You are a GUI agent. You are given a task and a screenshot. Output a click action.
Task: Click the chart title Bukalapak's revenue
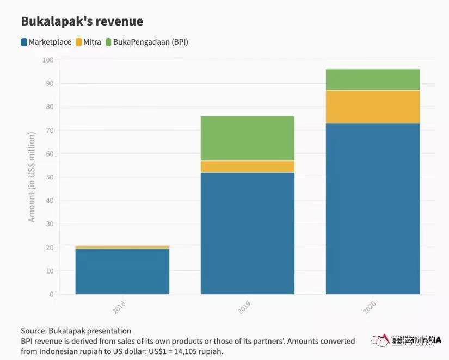tap(82, 22)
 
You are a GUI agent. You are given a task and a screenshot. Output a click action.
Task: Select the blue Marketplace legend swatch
tap(24, 42)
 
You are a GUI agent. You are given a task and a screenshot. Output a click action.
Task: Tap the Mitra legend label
tap(93, 42)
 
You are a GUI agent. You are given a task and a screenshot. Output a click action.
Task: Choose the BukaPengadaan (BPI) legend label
tap(151, 42)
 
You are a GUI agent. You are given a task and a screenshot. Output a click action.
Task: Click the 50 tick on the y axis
tap(50, 177)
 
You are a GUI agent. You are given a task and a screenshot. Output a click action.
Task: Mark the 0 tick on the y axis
tap(52, 294)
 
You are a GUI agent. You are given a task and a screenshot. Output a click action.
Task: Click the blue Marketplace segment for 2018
tap(122, 271)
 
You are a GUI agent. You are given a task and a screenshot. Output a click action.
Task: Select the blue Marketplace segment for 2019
tap(248, 233)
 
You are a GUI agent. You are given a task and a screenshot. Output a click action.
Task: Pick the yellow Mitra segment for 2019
tap(248, 167)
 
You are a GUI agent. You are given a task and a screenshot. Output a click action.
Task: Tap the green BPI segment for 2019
tap(248, 139)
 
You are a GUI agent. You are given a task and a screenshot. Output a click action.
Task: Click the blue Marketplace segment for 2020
tap(373, 209)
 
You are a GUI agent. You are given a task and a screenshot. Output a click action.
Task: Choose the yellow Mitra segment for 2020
tap(373, 107)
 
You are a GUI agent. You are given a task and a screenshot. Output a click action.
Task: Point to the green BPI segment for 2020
tap(373, 80)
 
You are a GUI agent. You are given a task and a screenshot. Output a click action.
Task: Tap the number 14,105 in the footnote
tap(190, 351)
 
